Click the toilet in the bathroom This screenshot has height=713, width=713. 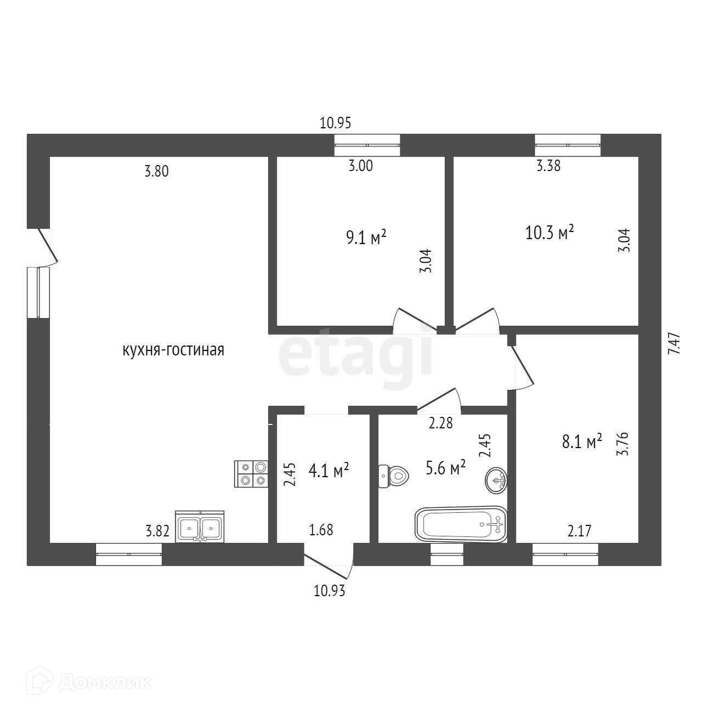pos(394,476)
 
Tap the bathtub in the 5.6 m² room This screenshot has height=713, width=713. pos(461,524)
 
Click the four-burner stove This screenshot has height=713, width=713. pos(251,473)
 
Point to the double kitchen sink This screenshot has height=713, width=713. pos(200,528)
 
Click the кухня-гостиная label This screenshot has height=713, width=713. pos(173,350)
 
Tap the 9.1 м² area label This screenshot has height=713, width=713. pos(366,238)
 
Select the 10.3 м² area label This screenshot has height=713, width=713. pos(550,232)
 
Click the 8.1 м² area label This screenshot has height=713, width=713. pos(582,442)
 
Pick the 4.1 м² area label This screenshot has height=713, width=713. pos(330,471)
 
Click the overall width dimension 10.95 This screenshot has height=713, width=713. pos(335,123)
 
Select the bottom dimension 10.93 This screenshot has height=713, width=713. pos(330,591)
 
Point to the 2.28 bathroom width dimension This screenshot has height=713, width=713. pos(441,423)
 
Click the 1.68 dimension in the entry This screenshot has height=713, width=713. pos(321,530)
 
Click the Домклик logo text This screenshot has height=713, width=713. pos(104,682)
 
